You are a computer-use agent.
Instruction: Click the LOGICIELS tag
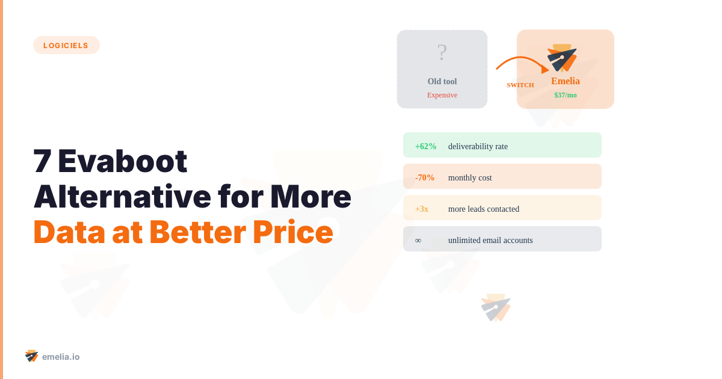66,45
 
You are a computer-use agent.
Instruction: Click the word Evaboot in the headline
123,161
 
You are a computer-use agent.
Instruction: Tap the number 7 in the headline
42,161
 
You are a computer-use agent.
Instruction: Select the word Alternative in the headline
122,197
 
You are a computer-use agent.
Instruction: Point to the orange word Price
292,232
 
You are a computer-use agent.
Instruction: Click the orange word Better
197,232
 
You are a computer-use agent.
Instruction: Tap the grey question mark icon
442,52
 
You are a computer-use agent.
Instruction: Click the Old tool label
442,81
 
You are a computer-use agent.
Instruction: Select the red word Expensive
442,95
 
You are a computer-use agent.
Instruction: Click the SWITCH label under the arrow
520,85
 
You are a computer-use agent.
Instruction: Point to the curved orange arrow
522,58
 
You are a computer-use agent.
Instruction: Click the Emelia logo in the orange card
562,58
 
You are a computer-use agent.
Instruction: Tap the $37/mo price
566,95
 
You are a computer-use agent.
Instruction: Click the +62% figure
425,146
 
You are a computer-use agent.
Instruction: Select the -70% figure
425,177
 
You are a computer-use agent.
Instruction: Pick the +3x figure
422,209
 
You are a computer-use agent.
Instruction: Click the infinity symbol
418,241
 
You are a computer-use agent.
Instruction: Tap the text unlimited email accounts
490,240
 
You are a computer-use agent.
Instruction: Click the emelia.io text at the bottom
61,357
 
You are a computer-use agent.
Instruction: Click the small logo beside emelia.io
31,356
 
